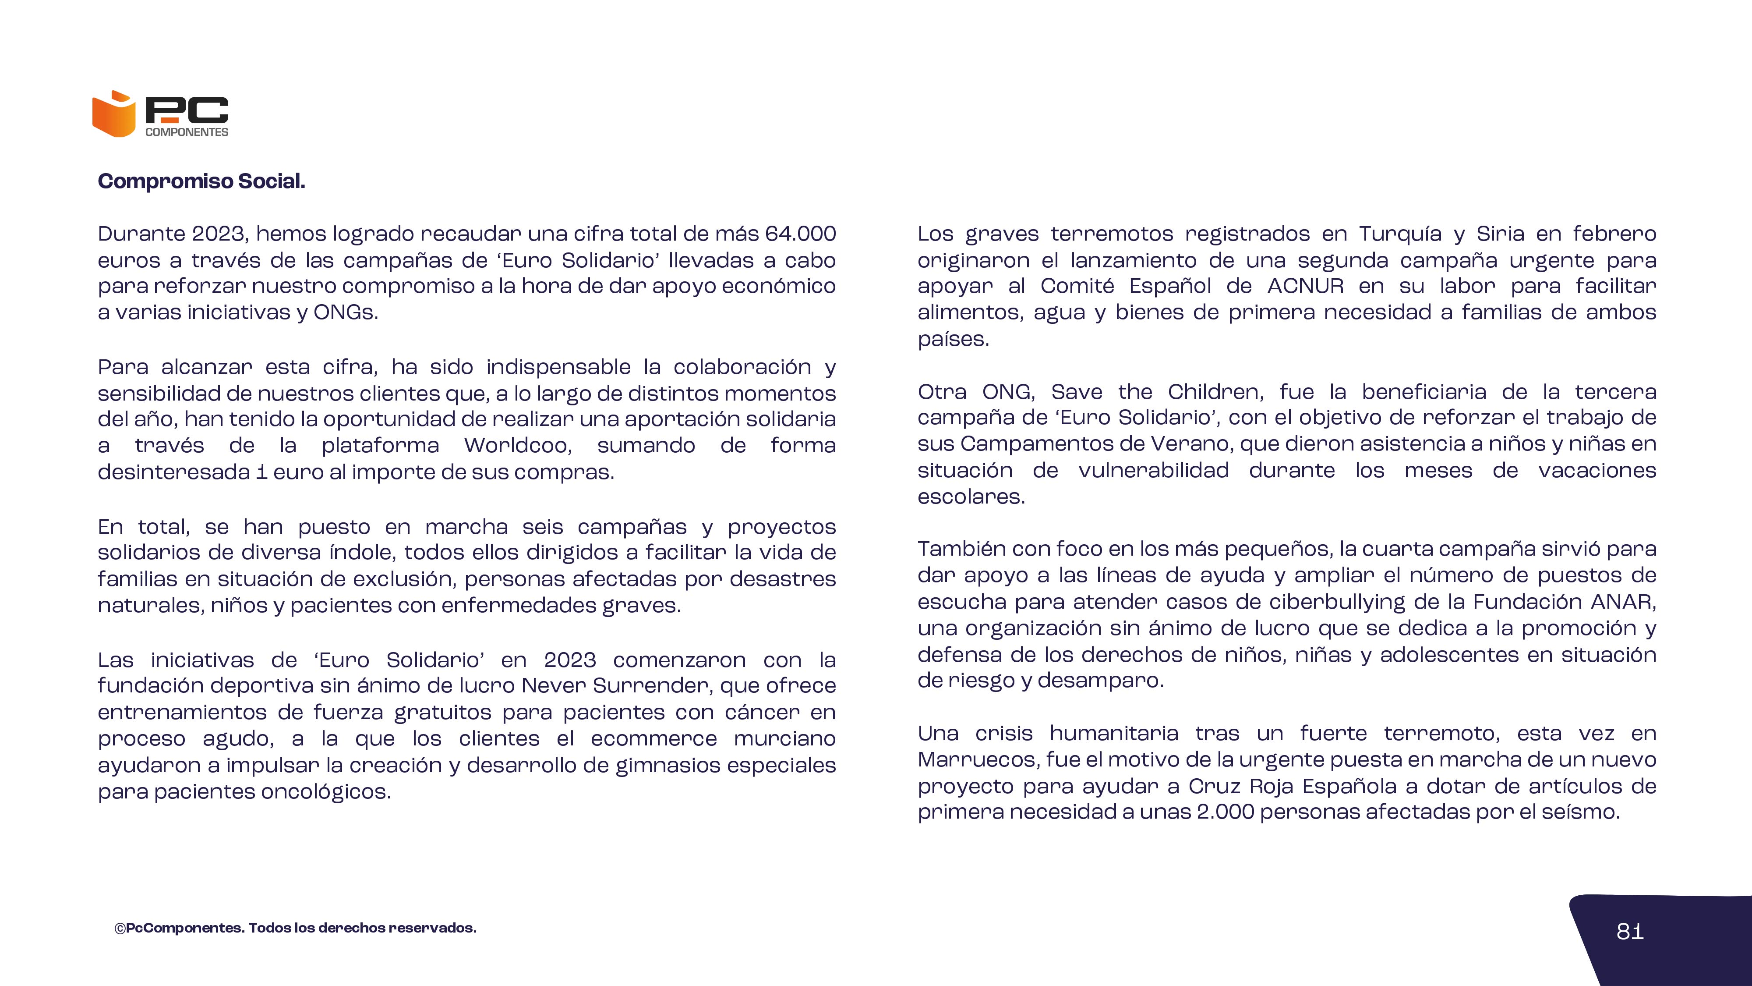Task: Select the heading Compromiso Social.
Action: [201, 181]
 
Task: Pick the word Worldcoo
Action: [517, 446]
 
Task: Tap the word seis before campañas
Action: [543, 527]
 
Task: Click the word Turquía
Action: [1400, 234]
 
